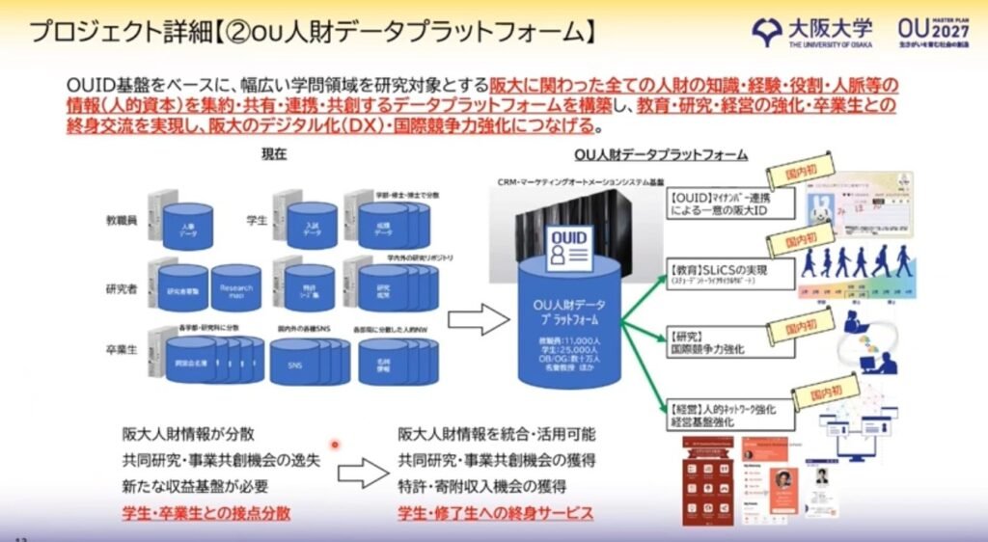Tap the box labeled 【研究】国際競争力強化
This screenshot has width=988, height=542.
tap(728, 342)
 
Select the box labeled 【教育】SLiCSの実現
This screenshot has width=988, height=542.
tap(728, 274)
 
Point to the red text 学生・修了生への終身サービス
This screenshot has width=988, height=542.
tap(496, 513)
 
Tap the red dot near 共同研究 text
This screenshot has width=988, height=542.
tap(335, 445)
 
